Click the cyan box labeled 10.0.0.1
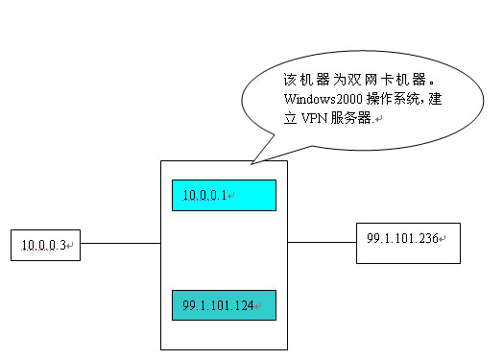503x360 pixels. pos(223,195)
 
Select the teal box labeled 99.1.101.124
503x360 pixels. pos(223,305)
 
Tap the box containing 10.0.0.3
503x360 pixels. pos(44,245)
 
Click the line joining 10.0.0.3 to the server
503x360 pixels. pos(119,243)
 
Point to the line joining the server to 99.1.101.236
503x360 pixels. pos(322,242)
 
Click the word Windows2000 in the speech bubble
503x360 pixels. pos(319,99)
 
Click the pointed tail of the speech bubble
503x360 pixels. pos(252,157)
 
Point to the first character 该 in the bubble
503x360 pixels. pos(292,79)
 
